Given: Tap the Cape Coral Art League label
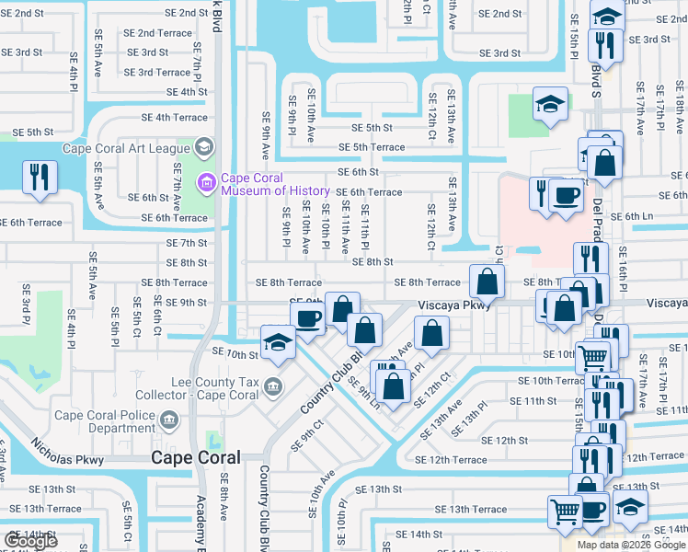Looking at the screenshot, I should pyautogui.click(x=125, y=147).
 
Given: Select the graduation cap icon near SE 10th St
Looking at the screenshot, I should pyautogui.click(x=277, y=341).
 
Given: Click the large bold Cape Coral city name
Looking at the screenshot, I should pyautogui.click(x=195, y=457).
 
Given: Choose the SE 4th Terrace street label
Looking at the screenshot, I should pyautogui.click(x=175, y=118).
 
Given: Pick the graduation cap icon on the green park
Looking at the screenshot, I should pyautogui.click(x=549, y=105).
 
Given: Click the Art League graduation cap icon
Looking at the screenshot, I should pyautogui.click(x=203, y=147).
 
